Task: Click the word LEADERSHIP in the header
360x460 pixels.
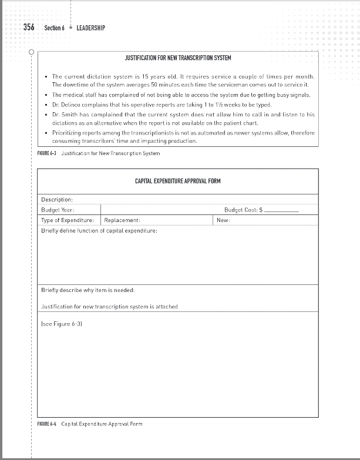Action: (x=91, y=28)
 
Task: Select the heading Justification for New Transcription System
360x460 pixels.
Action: (x=178, y=58)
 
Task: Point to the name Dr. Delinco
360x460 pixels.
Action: (x=69, y=105)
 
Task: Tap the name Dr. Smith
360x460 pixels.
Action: (x=67, y=114)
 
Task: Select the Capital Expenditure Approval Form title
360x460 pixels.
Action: (x=178, y=180)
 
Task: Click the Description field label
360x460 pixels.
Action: (x=57, y=200)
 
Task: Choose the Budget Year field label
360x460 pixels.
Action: (x=58, y=210)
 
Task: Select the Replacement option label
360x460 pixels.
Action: (x=122, y=220)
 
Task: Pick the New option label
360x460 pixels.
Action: (x=223, y=220)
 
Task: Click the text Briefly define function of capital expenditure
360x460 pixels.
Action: (x=99, y=230)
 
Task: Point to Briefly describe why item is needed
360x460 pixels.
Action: (x=88, y=290)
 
